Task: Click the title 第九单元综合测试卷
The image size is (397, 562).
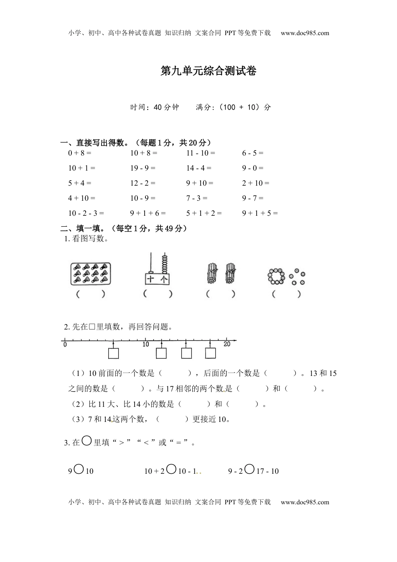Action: click(x=208, y=71)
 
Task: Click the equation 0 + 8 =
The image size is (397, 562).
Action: click(x=79, y=153)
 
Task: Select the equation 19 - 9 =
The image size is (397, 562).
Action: click(x=143, y=168)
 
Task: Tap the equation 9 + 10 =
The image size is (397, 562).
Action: click(x=199, y=183)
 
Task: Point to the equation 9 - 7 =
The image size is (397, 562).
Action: click(x=252, y=198)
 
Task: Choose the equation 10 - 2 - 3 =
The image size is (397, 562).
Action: click(x=86, y=213)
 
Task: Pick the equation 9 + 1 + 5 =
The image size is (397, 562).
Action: click(x=260, y=213)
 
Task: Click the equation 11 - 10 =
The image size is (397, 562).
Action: click(x=201, y=153)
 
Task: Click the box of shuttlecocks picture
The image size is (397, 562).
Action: click(x=91, y=273)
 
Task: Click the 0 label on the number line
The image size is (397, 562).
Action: click(x=65, y=345)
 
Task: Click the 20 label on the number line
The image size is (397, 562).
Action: click(x=226, y=344)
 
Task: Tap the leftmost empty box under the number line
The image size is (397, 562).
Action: click(x=113, y=353)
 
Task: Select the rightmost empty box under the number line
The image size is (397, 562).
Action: click(x=211, y=353)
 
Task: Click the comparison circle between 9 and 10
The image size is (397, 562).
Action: click(x=79, y=470)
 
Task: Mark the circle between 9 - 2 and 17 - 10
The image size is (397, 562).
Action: click(x=249, y=470)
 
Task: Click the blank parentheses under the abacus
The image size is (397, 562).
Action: click(x=157, y=294)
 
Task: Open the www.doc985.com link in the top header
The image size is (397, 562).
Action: click(x=305, y=33)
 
